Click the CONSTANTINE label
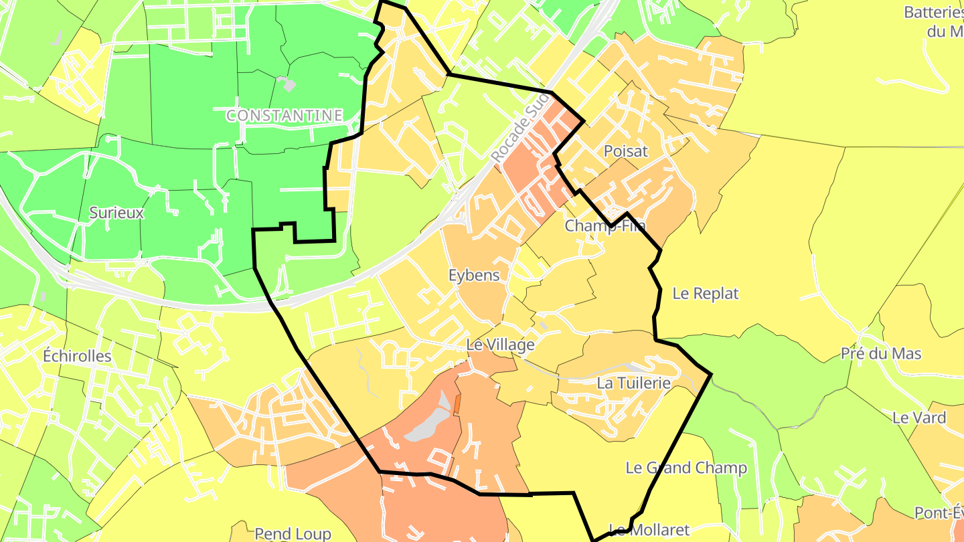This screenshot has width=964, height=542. point(285,116)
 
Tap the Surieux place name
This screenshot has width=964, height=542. point(116,213)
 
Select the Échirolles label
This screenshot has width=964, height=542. point(77,355)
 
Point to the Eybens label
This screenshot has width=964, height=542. point(474,275)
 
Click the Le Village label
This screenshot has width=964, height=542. point(500,345)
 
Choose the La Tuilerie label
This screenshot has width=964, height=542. point(633,383)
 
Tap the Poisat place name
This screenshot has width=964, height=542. point(626,151)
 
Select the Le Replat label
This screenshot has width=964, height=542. point(706,293)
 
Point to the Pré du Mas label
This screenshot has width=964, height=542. point(881,354)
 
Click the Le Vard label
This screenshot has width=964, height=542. point(919,418)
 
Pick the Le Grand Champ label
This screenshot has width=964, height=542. point(686,468)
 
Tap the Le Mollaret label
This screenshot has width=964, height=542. point(641,531)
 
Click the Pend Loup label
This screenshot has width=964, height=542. point(293,533)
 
